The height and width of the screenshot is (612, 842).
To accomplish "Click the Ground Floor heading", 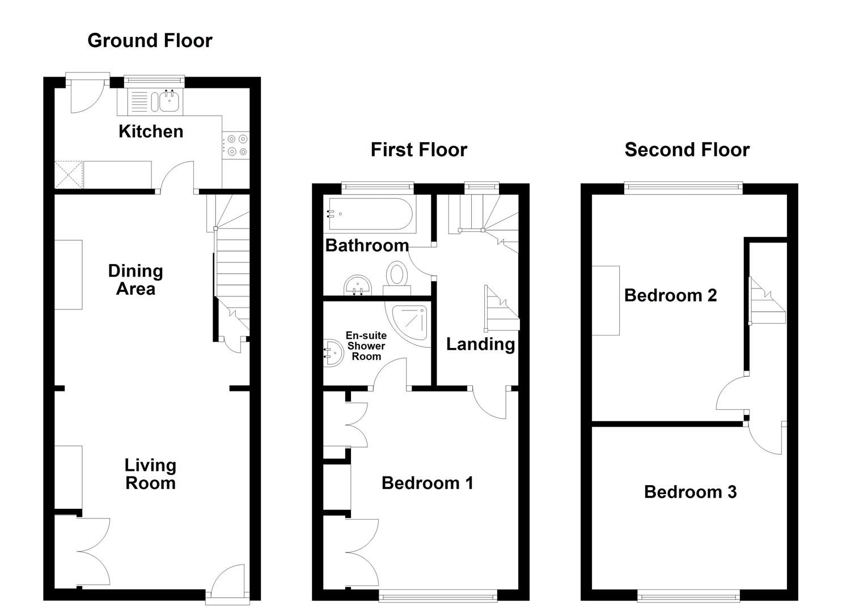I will point(150,41).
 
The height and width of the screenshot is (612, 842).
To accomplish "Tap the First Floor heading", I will point(418,150).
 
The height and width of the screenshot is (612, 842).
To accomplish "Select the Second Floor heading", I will point(687,150).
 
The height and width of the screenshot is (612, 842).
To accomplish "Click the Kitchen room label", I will point(151,131).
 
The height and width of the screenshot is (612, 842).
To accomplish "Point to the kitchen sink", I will point(169,102).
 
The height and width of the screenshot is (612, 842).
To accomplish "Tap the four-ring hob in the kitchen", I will point(235,144).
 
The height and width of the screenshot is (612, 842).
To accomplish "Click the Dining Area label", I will point(136,280).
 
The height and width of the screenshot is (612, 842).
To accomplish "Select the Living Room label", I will point(150,474).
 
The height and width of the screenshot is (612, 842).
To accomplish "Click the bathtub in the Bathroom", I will point(370,214).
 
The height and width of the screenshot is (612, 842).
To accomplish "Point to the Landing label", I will point(480,344).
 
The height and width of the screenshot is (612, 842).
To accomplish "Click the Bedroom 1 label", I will point(427,483).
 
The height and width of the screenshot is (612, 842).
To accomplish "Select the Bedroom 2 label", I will point(670,295).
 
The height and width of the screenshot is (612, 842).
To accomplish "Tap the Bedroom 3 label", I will point(690,492).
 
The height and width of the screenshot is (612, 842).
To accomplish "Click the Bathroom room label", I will point(367,245).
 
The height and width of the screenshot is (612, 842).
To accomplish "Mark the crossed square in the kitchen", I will point(69,175).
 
